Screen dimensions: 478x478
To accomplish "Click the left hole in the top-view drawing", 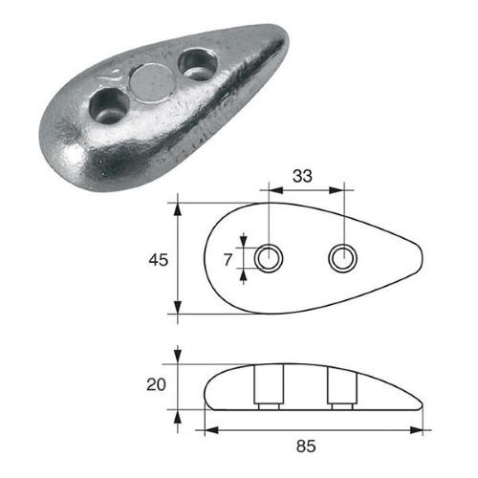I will coord(270,257).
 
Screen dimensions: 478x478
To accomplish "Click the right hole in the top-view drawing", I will coord(342,256).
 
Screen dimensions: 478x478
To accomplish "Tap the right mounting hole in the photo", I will coord(199,61).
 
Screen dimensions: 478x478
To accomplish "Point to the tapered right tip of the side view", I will coord(424,402).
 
